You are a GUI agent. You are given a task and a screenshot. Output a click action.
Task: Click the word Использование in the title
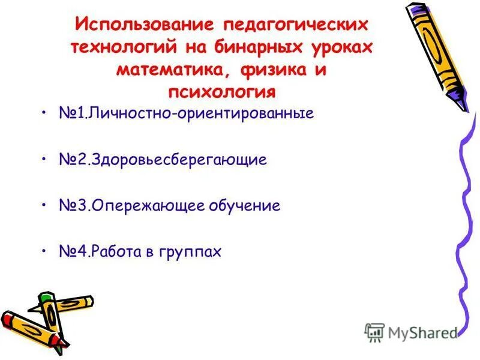[x=143, y=26]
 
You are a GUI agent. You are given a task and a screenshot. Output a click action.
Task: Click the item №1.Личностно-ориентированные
[x=187, y=113]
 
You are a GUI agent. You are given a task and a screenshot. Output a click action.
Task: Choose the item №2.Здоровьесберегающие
[x=163, y=160]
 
